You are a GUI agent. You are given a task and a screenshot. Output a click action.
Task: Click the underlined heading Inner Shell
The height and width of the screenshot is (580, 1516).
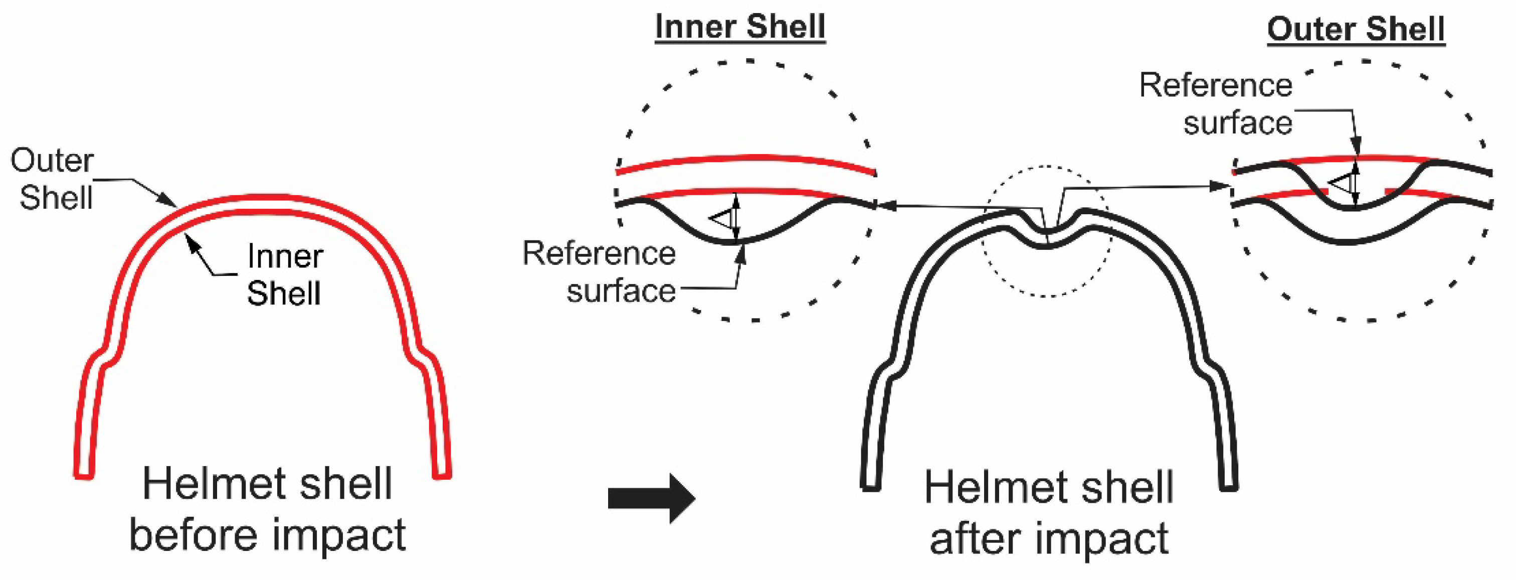(740, 27)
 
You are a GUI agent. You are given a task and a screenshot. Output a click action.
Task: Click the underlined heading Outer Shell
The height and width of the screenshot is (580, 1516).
(1356, 30)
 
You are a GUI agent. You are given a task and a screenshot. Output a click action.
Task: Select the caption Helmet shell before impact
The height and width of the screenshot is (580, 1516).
(268, 509)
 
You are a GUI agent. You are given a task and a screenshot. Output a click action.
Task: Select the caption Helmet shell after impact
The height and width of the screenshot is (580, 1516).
(1049, 512)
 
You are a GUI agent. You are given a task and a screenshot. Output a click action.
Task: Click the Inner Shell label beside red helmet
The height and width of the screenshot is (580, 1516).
(285, 274)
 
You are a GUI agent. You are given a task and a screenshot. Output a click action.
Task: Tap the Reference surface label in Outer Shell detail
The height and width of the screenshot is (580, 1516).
(1216, 104)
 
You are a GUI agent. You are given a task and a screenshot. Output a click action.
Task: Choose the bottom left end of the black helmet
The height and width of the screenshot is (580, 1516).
(870, 485)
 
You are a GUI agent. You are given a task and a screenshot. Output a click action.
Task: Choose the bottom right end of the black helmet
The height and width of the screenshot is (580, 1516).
(1228, 485)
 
